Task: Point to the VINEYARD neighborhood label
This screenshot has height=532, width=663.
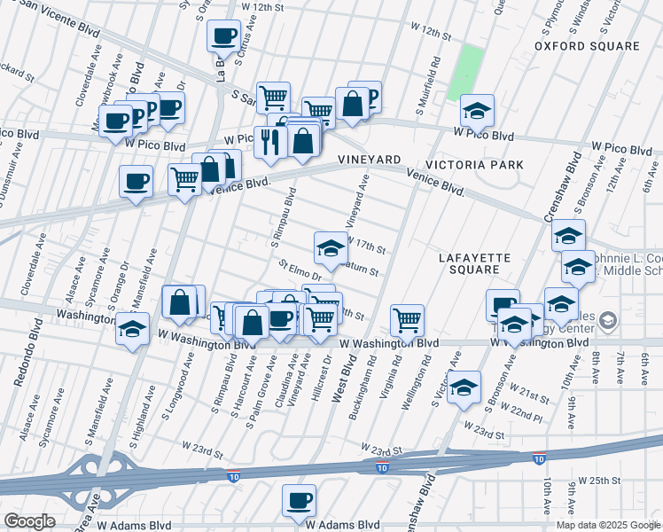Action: click(x=370, y=159)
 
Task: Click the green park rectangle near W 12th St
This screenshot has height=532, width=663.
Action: click(x=465, y=72)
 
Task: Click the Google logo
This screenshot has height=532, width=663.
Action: click(x=29, y=521)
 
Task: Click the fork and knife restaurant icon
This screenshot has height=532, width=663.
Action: click(x=268, y=140)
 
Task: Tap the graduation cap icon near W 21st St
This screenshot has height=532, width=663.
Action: click(x=464, y=387)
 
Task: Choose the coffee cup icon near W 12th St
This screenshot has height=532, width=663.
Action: click(x=223, y=36)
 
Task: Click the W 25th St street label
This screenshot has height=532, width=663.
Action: click(x=598, y=480)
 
